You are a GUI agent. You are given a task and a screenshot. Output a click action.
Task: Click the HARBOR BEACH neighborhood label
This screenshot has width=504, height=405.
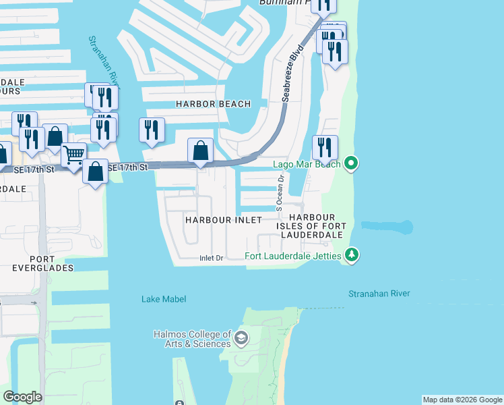point(213,104)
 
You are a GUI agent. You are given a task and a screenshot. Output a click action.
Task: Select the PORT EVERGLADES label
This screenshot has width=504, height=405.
point(41,263)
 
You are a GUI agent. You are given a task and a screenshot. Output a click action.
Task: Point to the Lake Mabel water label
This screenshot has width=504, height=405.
point(164,298)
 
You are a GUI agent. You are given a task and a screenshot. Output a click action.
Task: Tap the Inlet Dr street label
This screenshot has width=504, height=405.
point(210,258)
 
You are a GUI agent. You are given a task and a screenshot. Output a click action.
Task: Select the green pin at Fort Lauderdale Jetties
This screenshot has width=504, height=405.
point(351,255)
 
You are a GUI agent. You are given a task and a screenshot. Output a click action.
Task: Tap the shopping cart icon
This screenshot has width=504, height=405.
point(73,155)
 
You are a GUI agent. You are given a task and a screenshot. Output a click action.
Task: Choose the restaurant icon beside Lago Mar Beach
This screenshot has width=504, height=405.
point(325,148)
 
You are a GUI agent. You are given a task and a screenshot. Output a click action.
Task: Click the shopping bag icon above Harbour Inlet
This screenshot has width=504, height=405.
point(201,151)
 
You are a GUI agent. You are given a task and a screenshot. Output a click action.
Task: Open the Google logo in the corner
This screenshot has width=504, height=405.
point(23,397)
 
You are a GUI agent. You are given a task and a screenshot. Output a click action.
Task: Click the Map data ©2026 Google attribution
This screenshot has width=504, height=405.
point(462,400)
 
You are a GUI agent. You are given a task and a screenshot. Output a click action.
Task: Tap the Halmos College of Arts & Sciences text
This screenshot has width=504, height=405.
point(193,340)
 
